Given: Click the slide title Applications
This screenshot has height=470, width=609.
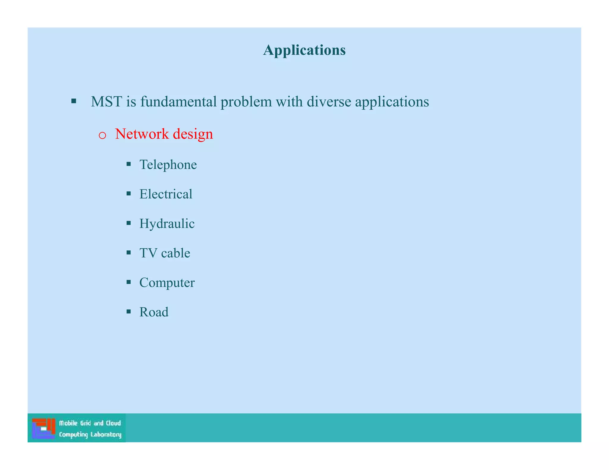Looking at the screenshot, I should [304, 50].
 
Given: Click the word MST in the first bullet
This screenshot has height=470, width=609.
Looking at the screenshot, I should [106, 102].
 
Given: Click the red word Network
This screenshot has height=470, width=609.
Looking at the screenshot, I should [142, 134].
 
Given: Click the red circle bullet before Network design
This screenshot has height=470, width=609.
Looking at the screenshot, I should [102, 135].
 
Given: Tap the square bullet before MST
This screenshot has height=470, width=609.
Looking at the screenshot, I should [74, 101].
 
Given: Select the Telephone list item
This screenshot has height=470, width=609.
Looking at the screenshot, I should [168, 165].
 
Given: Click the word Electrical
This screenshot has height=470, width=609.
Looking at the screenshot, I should [166, 194].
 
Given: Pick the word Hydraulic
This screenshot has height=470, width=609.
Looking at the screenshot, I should [167, 224].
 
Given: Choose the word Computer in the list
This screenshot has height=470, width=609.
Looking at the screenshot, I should [167, 283].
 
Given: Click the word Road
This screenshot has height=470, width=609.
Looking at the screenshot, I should [154, 312].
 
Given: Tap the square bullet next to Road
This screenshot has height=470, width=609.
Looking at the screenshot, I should [128, 311].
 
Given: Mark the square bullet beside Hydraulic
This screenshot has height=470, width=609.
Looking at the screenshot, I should [128, 223].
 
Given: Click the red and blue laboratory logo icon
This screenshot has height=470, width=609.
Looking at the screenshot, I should [43, 428].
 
